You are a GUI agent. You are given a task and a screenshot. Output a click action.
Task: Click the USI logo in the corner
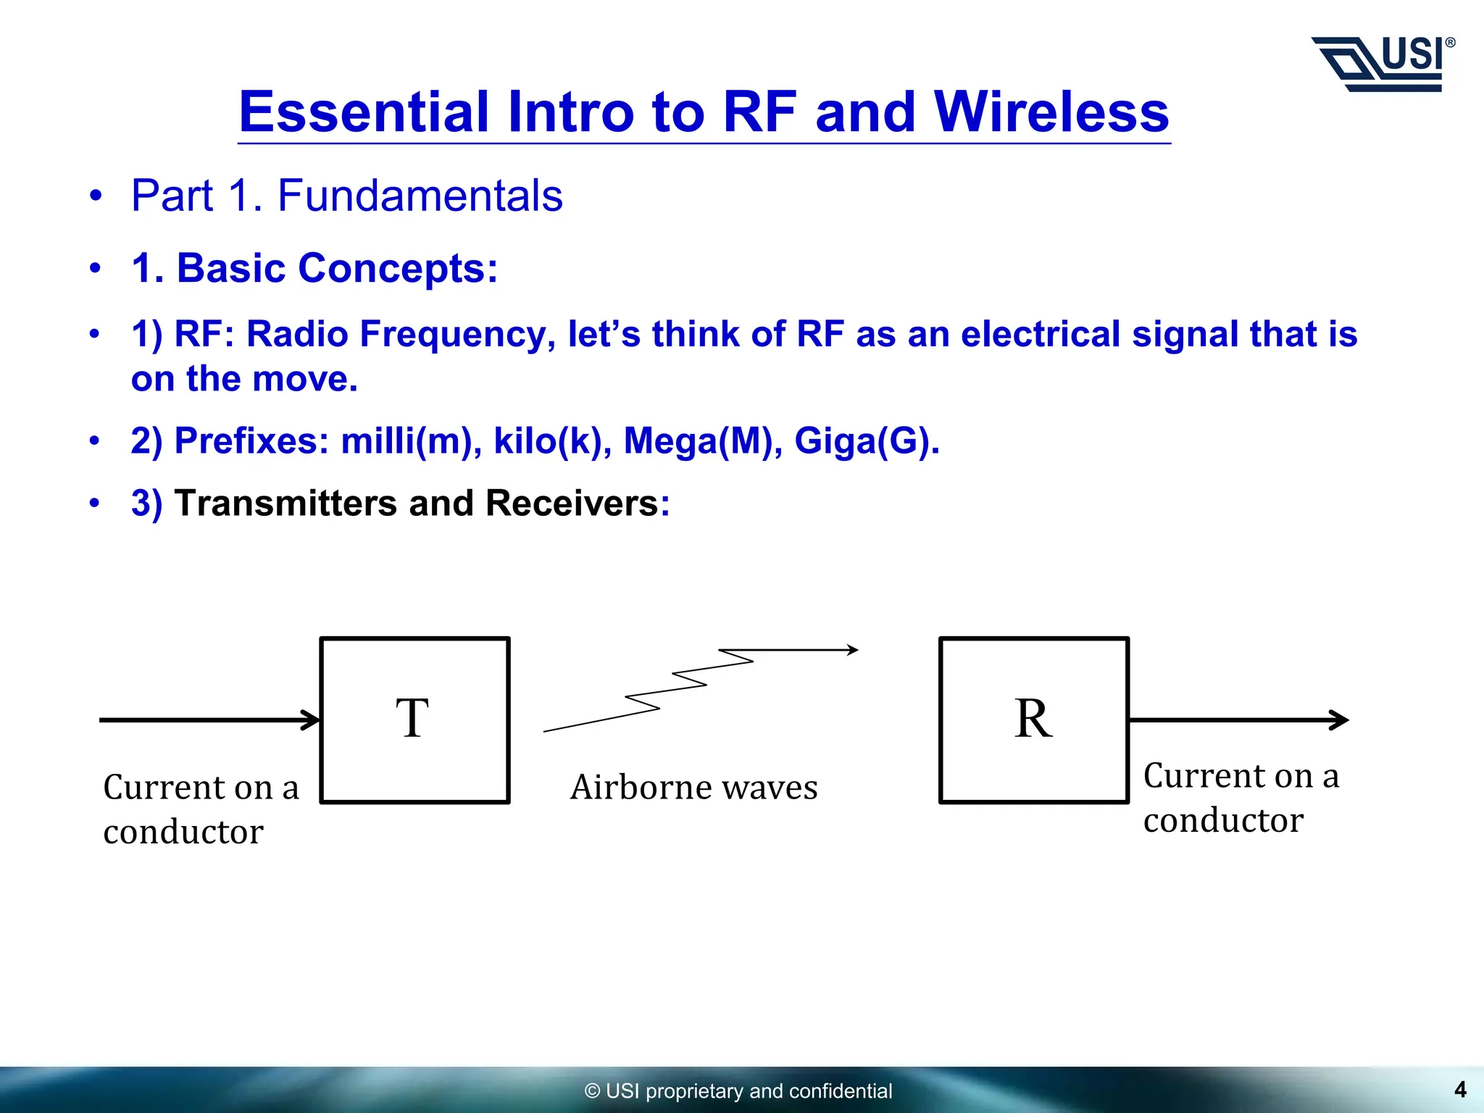(x=1383, y=64)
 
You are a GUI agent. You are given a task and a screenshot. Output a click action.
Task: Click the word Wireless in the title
(x=1051, y=112)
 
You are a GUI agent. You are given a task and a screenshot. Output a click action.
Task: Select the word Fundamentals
(x=420, y=196)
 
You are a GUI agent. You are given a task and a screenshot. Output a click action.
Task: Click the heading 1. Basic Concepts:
(x=314, y=268)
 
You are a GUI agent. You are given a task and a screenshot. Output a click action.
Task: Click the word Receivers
(x=572, y=503)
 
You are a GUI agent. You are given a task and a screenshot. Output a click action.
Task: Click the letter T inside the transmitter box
(x=412, y=719)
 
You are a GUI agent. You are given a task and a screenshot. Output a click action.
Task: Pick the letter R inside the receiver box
(x=1033, y=719)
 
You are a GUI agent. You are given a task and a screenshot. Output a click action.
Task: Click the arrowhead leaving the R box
(x=1339, y=720)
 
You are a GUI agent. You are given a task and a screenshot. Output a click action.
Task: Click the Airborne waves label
(x=693, y=788)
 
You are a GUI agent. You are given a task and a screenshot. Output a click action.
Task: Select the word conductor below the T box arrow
(x=183, y=832)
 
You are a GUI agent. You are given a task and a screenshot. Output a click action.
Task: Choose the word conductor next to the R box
(x=1223, y=820)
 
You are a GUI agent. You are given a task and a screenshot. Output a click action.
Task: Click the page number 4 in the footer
(x=1460, y=1089)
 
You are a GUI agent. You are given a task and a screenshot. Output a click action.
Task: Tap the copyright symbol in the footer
(x=592, y=1091)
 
